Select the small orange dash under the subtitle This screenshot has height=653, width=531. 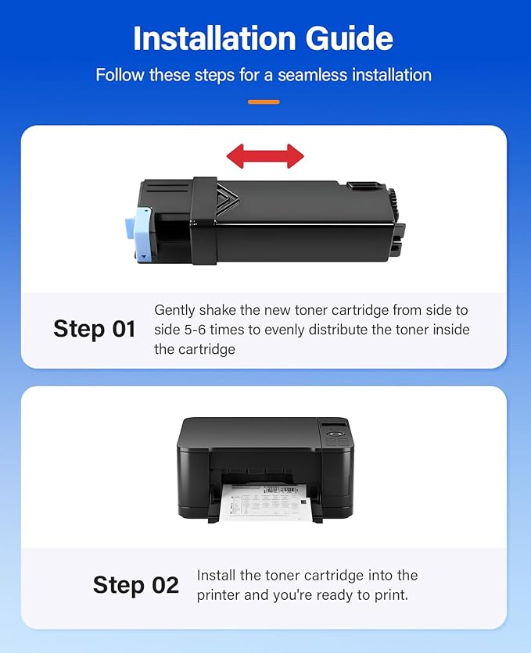pyautogui.click(x=264, y=102)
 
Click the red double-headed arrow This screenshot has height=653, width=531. pyautogui.click(x=265, y=156)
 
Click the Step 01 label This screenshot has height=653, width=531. pyautogui.click(x=94, y=329)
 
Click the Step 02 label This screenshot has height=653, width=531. pyautogui.click(x=135, y=585)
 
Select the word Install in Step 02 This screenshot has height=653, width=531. pyautogui.click(x=218, y=576)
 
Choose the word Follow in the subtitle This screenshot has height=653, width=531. pyautogui.click(x=118, y=75)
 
